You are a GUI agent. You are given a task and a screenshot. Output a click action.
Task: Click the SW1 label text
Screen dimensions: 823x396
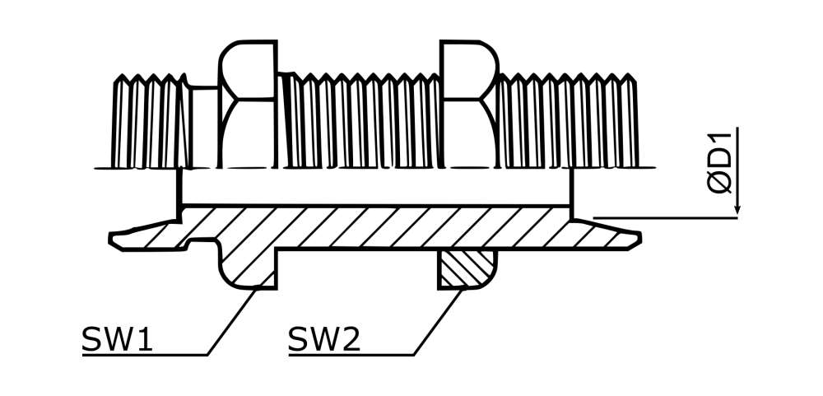(117, 339)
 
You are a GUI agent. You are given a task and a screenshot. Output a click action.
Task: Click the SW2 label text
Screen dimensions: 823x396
(323, 339)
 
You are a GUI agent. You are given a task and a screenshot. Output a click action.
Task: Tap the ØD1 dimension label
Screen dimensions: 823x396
(719, 163)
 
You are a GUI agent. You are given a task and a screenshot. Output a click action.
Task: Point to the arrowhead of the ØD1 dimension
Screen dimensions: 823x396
(737, 208)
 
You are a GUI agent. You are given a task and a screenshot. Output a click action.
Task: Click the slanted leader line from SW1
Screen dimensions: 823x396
(233, 321)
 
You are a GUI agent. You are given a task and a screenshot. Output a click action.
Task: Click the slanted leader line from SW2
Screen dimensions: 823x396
(439, 322)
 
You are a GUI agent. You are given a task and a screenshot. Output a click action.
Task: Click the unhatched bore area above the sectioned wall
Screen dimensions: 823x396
(375, 186)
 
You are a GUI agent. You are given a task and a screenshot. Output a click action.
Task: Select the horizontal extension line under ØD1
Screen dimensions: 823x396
(665, 217)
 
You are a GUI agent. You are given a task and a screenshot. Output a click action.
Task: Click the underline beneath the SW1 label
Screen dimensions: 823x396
(145, 356)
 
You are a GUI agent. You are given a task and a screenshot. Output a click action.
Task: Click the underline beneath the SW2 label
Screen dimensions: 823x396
(351, 356)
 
